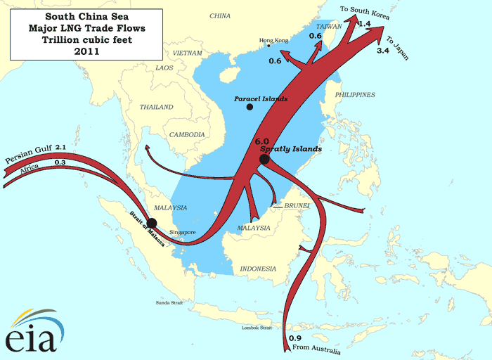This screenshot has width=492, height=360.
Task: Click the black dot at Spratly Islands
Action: click(x=264, y=160)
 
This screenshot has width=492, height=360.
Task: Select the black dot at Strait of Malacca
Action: click(x=152, y=224)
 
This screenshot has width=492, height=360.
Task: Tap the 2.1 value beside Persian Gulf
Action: click(x=61, y=148)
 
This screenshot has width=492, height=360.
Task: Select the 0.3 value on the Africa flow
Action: click(x=60, y=163)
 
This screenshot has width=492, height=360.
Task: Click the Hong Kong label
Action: click(x=273, y=41)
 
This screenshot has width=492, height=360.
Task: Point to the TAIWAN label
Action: click(x=332, y=26)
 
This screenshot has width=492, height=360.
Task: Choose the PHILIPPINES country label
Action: click(x=355, y=95)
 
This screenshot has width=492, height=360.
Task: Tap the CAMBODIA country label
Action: click(x=187, y=134)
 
